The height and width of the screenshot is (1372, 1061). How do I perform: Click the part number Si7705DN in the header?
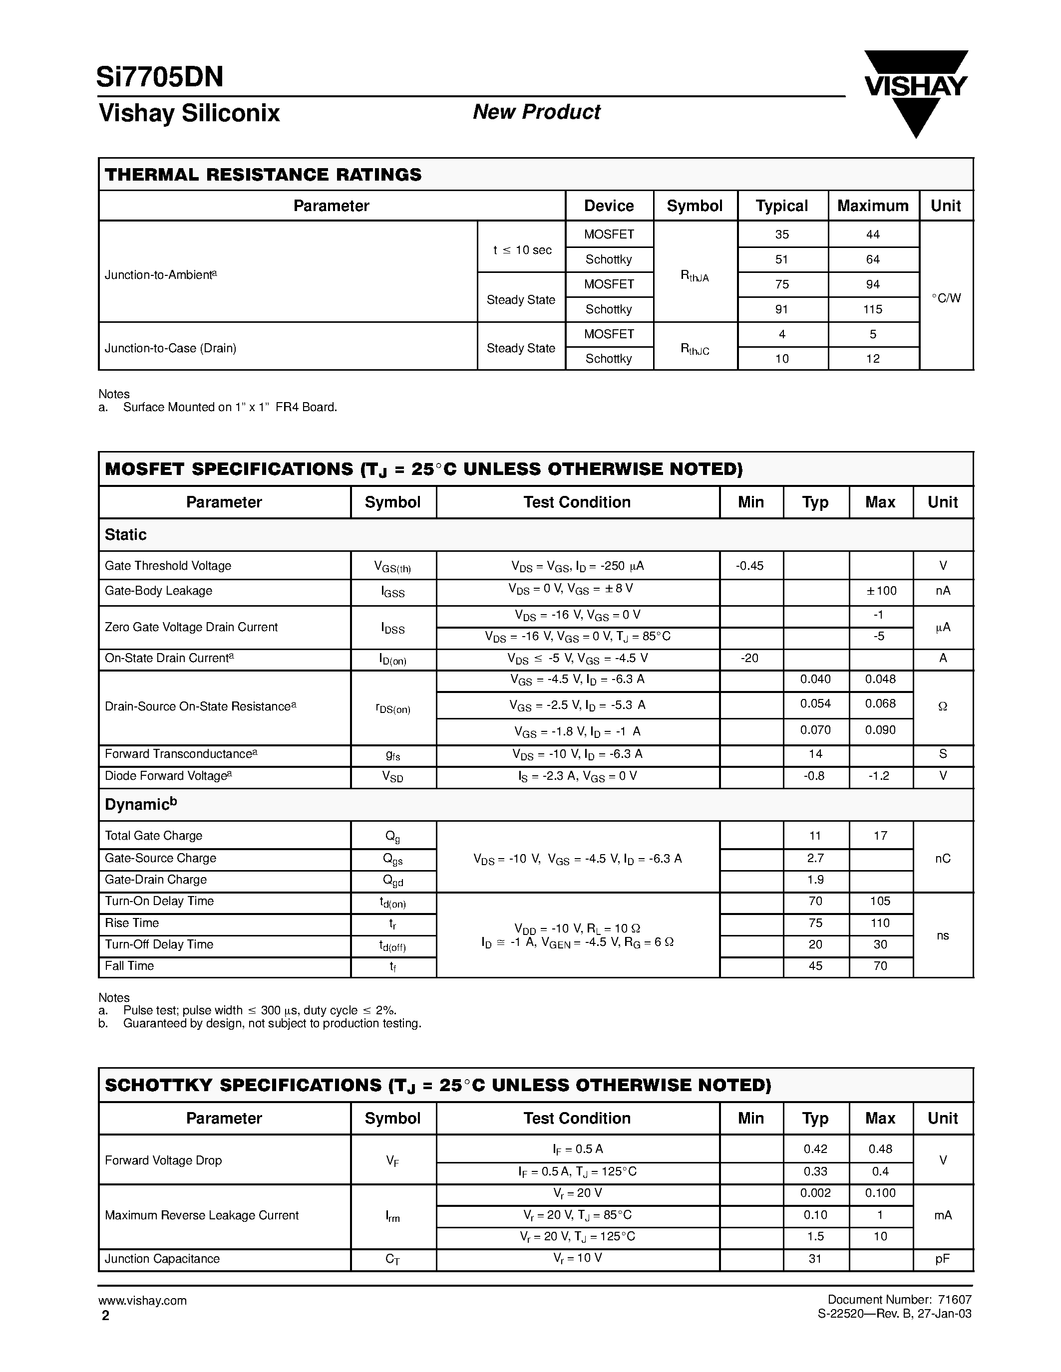160,77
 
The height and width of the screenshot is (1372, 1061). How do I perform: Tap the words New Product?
536,112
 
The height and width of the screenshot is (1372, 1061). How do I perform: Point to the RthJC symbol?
695,349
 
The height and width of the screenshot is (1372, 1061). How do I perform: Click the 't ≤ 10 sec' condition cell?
522,250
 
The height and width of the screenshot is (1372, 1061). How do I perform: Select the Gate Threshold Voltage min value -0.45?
750,565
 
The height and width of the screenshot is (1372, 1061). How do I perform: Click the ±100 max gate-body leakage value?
880,591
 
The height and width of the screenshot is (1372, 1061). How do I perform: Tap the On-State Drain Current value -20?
749,658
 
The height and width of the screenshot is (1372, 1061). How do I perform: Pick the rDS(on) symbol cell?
393,708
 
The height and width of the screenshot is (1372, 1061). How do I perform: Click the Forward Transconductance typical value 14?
815,754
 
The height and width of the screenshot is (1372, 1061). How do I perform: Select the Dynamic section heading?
140,805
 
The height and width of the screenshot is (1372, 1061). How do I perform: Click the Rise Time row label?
132,923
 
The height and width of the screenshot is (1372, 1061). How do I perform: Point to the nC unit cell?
942,858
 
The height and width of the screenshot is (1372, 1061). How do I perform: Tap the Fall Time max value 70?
880,965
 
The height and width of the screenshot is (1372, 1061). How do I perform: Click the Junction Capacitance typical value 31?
815,1258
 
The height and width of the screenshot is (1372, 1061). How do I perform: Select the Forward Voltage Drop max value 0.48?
880,1149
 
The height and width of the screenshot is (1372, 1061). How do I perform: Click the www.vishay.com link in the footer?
142,1300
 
